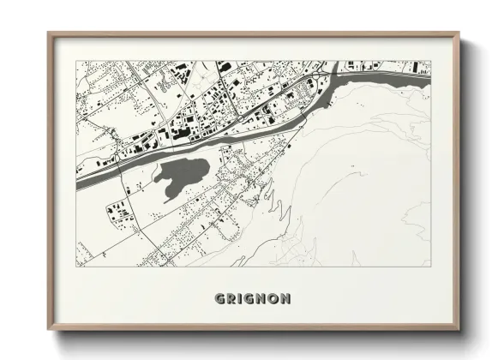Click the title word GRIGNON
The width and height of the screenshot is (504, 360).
[x=252, y=299]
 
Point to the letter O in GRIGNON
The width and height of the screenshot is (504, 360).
[x=274, y=299]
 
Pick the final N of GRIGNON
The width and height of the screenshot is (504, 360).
[x=286, y=299]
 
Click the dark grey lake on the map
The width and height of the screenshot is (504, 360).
[x=183, y=176]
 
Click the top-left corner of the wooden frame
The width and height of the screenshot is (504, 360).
[x=49, y=33]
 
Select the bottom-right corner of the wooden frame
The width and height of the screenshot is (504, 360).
[x=459, y=330]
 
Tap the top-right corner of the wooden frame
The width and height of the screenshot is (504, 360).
[x=459, y=33]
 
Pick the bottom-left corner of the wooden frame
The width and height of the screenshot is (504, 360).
[x=49, y=330]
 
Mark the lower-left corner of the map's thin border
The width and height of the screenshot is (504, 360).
[x=76, y=267]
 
